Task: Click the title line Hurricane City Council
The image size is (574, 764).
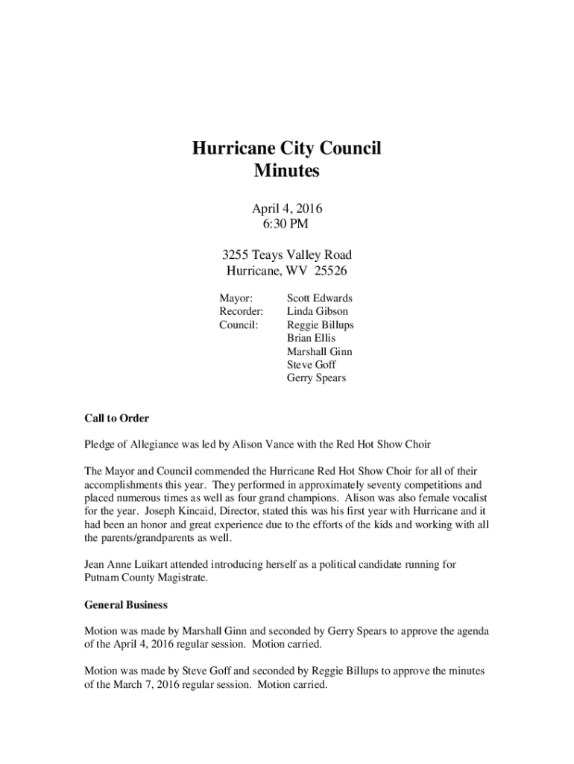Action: tap(286, 148)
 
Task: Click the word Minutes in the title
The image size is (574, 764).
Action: tap(286, 171)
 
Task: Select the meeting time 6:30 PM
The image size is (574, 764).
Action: tap(286, 222)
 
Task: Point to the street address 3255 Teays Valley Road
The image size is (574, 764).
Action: tap(286, 255)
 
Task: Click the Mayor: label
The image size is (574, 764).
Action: tap(236, 298)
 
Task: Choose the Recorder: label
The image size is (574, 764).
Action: tap(241, 311)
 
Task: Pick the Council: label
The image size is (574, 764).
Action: tap(239, 325)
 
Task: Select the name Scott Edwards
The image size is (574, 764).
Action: tap(320, 298)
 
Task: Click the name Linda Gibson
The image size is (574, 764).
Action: tap(318, 311)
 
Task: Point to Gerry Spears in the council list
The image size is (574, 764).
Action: tap(316, 378)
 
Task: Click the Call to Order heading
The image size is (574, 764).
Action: tap(116, 419)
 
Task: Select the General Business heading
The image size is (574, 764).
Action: tap(125, 604)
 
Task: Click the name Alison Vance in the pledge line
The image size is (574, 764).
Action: tap(268, 445)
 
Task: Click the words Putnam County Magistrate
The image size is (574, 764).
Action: tap(145, 577)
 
